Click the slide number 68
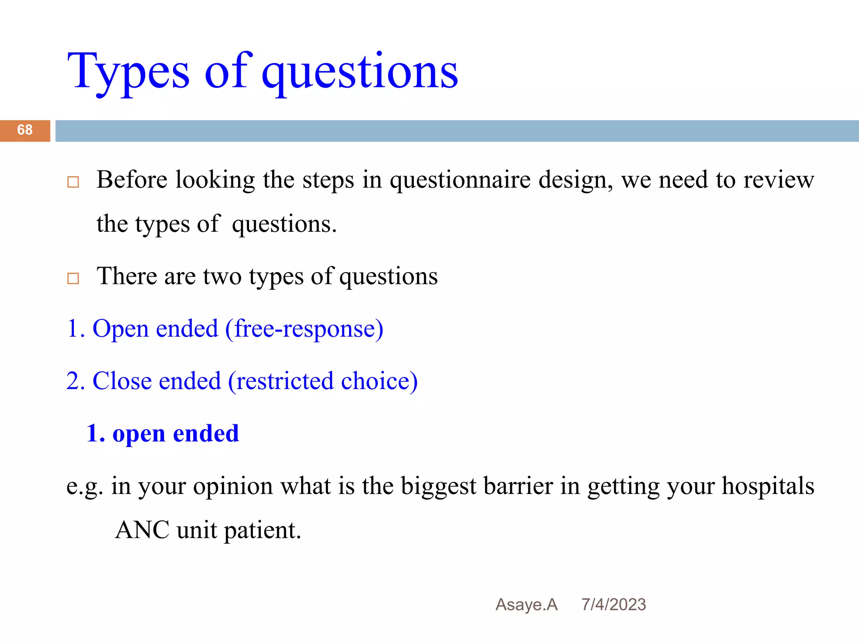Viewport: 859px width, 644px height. click(x=25, y=130)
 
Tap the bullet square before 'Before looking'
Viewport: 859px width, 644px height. click(x=73, y=182)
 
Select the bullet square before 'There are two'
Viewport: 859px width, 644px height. click(x=73, y=278)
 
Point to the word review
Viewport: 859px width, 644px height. click(x=778, y=180)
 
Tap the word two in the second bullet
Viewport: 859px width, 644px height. click(x=222, y=277)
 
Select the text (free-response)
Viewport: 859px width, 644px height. click(x=304, y=329)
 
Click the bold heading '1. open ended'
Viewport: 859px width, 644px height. click(x=163, y=434)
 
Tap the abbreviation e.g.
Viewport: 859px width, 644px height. click(x=84, y=486)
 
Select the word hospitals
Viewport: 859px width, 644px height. click(x=768, y=486)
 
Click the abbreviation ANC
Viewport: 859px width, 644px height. click(x=142, y=530)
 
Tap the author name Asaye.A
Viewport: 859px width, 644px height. click(x=526, y=605)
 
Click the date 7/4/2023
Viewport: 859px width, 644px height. click(x=613, y=605)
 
